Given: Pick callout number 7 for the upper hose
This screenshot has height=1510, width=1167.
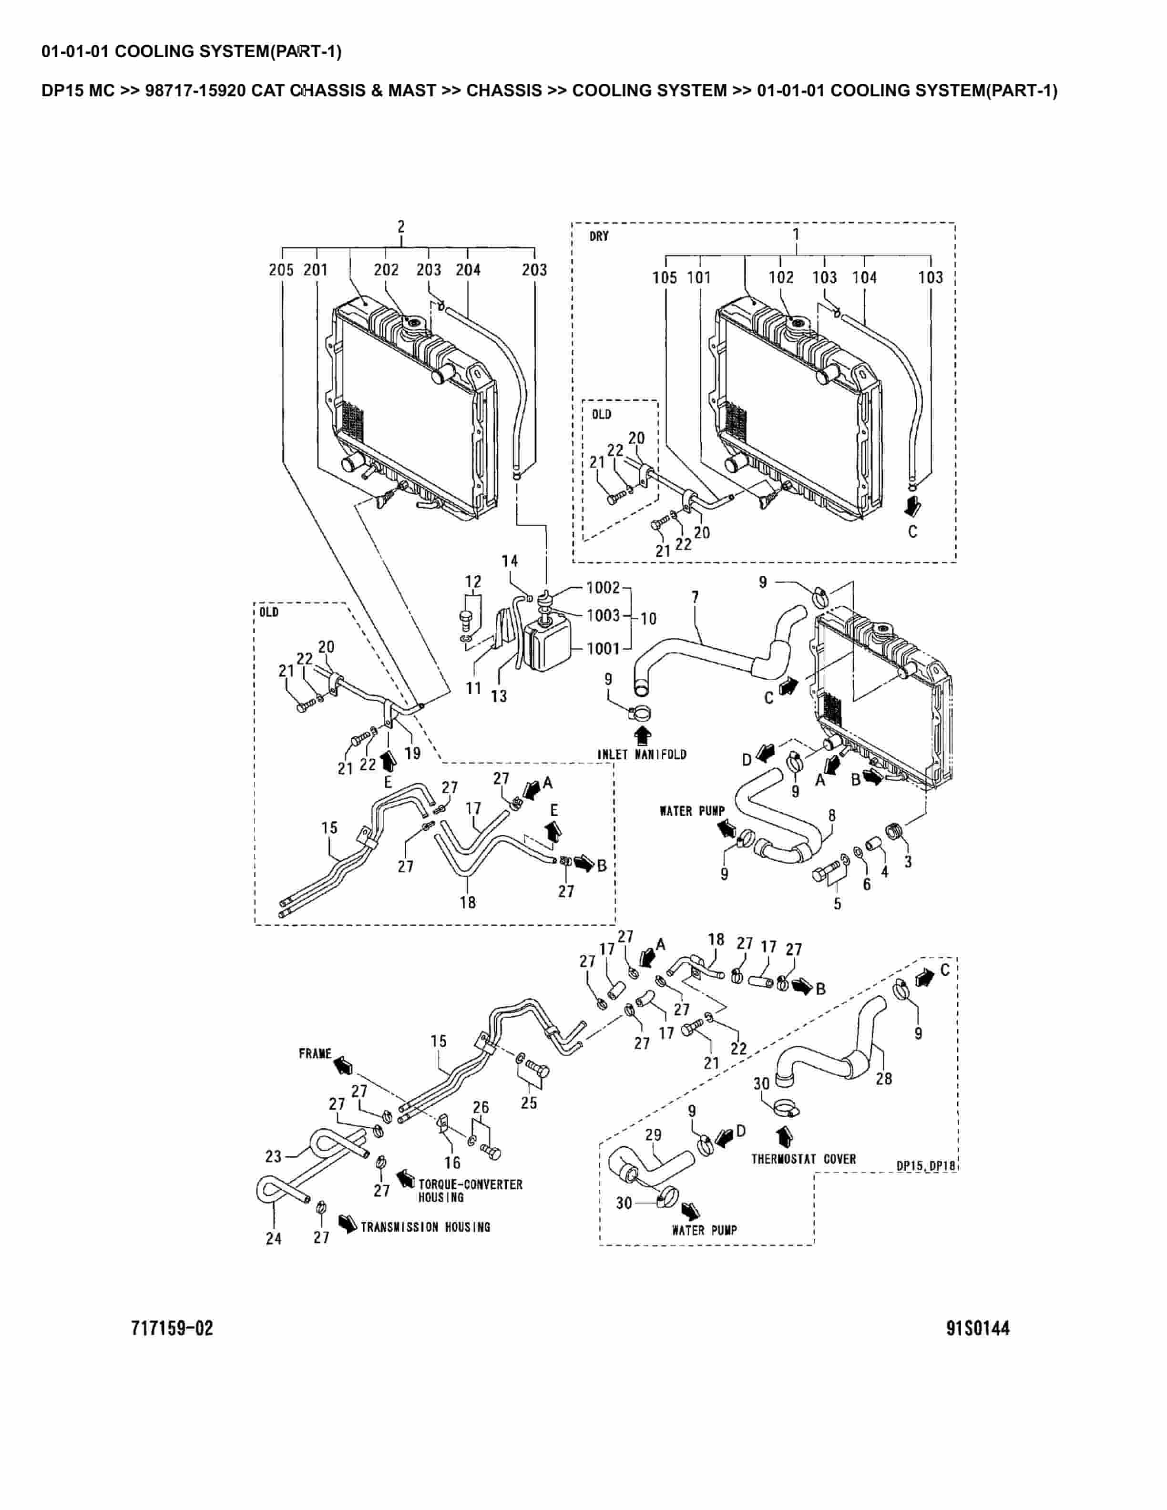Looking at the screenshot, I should [695, 595].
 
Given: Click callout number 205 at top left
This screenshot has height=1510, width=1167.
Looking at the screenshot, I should [281, 270].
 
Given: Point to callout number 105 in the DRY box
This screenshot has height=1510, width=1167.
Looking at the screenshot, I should [665, 277].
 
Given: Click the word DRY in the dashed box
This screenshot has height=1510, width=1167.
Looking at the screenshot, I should [599, 236].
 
